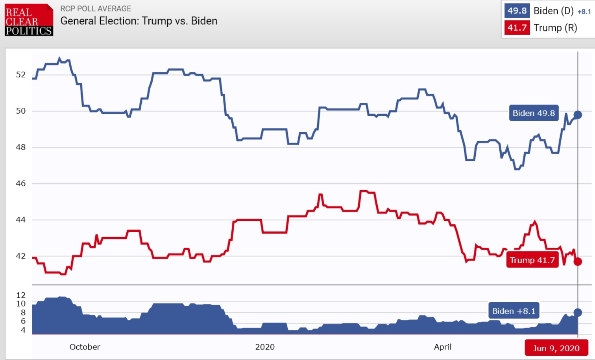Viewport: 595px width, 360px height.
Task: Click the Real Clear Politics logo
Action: (29, 20)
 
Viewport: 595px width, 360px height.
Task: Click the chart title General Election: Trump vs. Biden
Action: (139, 21)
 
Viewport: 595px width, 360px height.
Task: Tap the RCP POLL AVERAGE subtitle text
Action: (96, 9)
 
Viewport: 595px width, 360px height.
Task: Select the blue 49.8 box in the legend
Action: (517, 11)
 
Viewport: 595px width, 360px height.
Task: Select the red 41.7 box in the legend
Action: (517, 28)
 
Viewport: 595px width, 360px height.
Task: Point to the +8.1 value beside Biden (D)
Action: (584, 12)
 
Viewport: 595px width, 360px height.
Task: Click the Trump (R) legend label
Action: (555, 28)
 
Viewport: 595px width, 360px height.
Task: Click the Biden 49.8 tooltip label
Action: (533, 113)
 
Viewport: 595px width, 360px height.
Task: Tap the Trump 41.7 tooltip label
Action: (532, 260)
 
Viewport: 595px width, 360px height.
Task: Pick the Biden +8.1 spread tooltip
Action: (513, 311)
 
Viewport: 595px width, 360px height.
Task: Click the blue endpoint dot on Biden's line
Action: (578, 115)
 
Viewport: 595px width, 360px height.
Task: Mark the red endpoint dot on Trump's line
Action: (578, 262)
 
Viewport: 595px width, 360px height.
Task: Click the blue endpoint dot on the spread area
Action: (578, 313)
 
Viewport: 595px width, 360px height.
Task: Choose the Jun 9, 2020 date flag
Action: (556, 348)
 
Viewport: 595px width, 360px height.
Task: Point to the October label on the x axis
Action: (85, 347)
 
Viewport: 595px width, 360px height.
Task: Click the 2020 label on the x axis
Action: (265, 347)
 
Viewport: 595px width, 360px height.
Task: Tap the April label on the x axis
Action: (442, 347)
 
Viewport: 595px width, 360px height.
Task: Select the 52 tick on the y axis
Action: (21, 74)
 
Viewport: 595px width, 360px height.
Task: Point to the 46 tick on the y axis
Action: (21, 183)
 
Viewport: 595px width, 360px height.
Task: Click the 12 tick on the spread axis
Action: (21, 295)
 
